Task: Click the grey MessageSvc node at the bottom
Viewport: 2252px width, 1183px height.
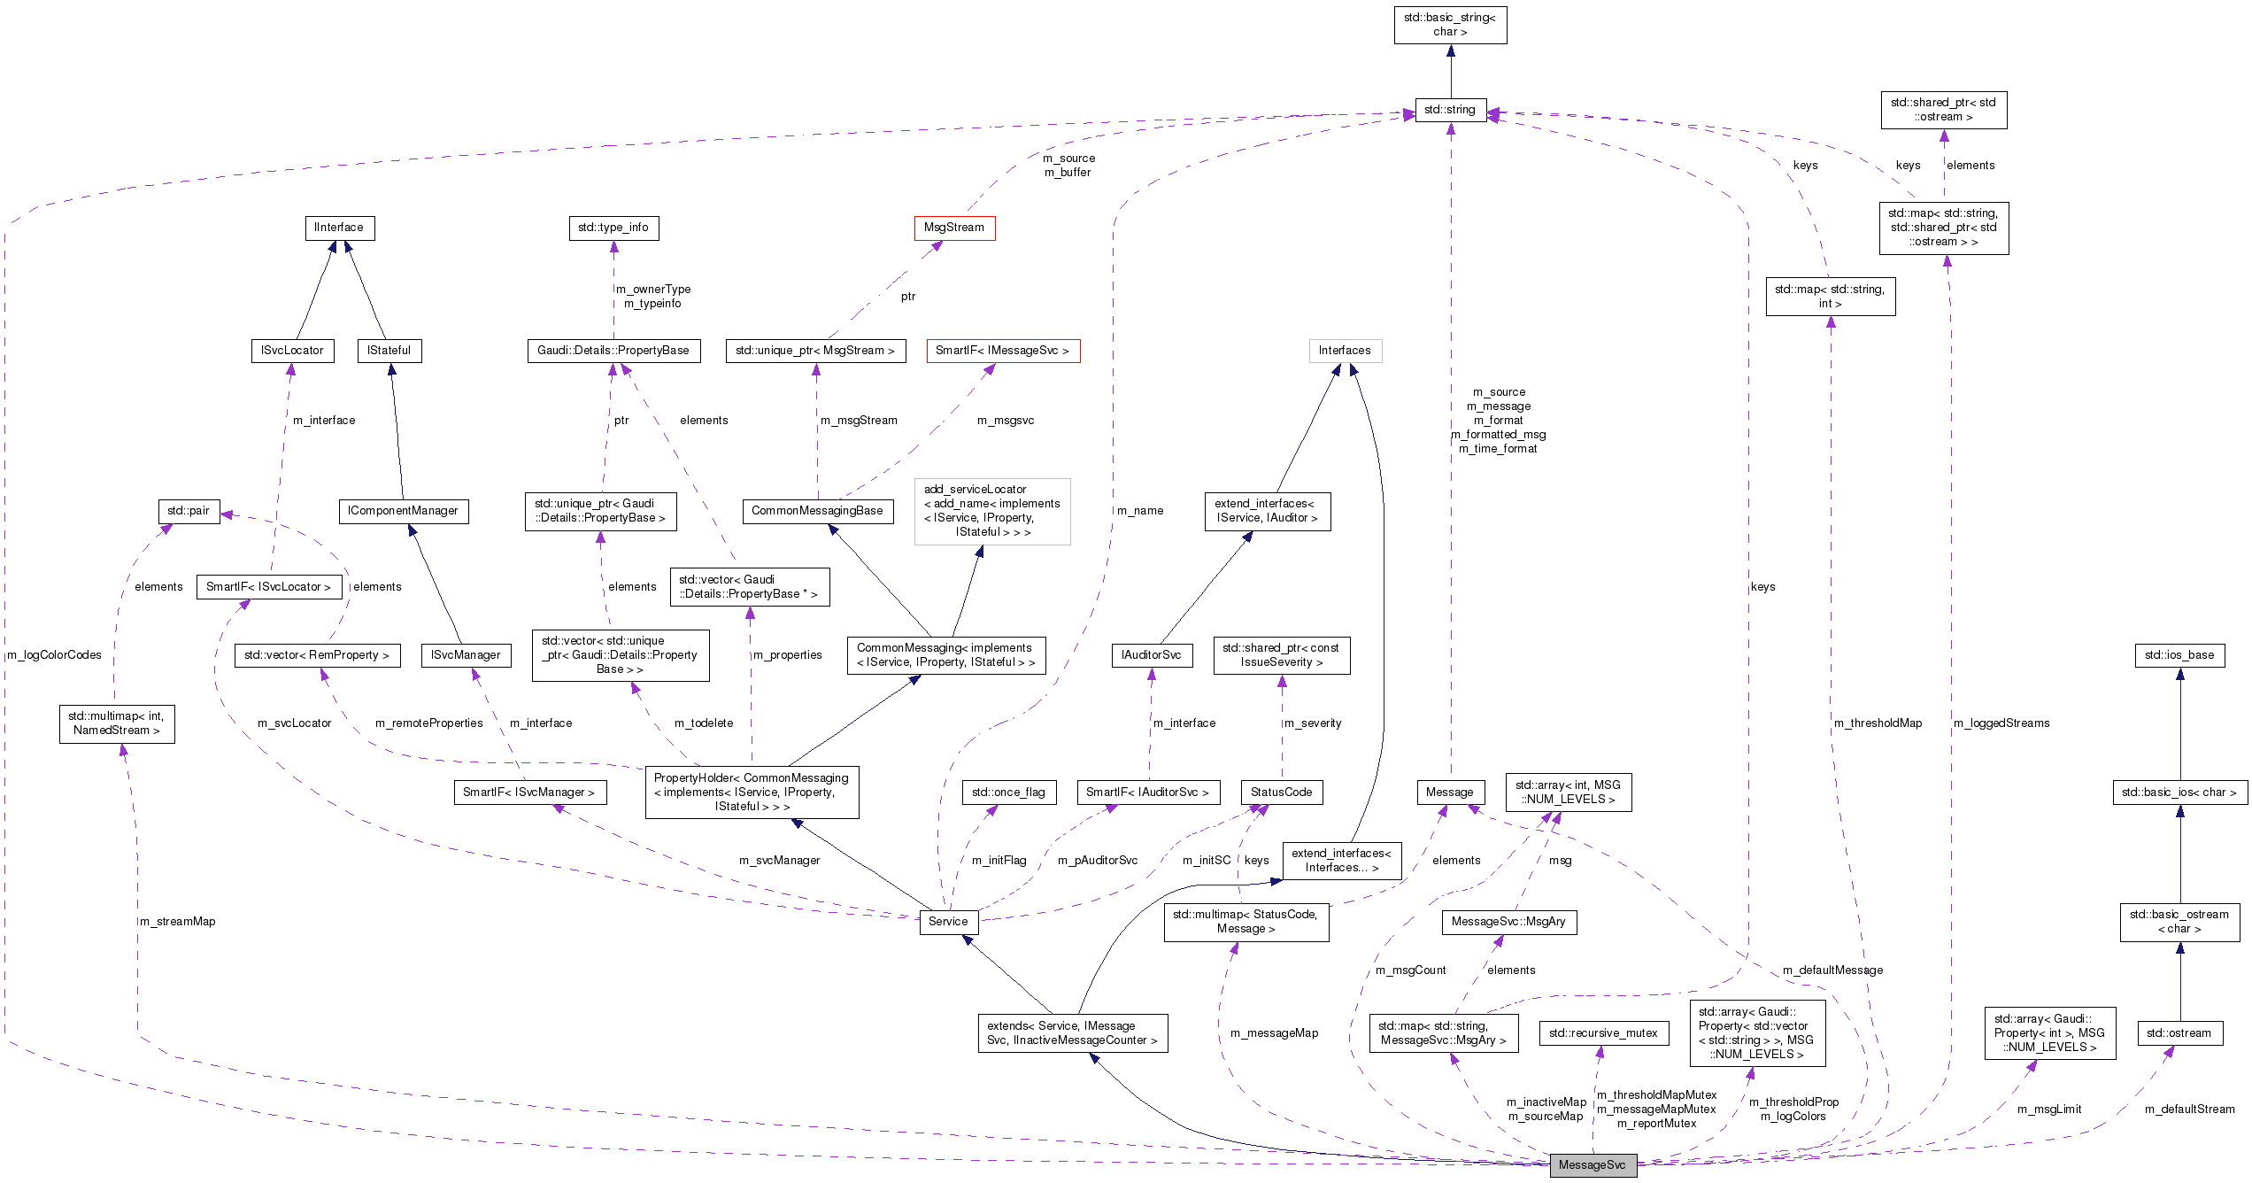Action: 1592,1165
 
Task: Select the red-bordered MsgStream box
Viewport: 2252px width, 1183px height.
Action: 953,228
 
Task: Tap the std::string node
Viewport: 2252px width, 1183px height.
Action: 1449,110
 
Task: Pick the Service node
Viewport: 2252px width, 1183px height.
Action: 947,922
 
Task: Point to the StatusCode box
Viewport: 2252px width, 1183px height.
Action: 1281,793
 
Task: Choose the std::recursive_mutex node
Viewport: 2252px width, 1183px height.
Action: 1602,1033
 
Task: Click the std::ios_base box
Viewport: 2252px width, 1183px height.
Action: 2179,655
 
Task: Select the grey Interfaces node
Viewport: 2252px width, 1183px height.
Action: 1344,351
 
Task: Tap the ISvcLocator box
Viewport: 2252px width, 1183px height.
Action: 292,351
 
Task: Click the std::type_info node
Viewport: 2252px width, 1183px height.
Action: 613,228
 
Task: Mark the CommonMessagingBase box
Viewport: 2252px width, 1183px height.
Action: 816,511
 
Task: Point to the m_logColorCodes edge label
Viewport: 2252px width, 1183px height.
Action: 54,655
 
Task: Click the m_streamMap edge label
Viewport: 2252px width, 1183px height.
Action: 178,922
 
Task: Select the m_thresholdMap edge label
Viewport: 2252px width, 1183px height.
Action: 1878,723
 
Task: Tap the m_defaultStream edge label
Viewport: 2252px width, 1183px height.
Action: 2189,1110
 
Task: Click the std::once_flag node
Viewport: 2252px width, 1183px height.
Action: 1007,793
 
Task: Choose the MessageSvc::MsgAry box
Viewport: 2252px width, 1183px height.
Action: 1508,922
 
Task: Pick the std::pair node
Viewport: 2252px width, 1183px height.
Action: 188,511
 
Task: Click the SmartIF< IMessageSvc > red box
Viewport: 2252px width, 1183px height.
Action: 1002,351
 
